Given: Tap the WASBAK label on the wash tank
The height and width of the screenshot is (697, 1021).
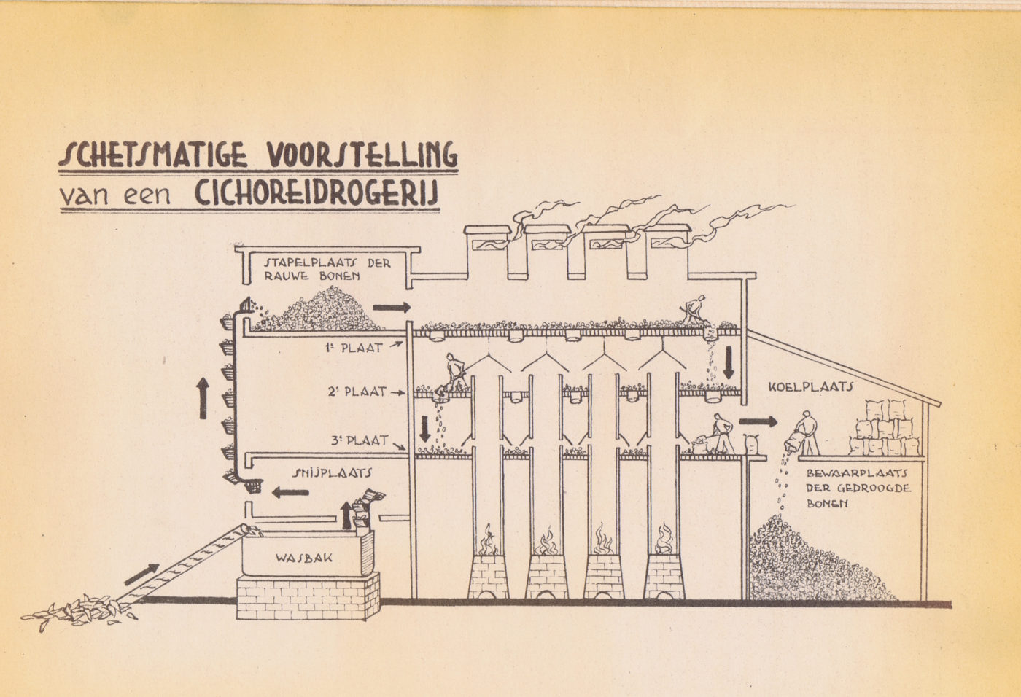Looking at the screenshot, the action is click(x=304, y=558).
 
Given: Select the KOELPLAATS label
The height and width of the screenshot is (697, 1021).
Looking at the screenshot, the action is click(x=810, y=386).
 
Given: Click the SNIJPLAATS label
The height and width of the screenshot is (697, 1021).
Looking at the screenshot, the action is click(x=332, y=473).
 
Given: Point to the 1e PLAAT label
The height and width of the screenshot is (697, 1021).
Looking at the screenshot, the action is click(x=354, y=348).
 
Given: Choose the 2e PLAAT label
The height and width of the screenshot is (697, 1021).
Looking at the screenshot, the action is click(x=357, y=392).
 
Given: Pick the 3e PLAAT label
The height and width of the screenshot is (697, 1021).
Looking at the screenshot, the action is click(x=360, y=440).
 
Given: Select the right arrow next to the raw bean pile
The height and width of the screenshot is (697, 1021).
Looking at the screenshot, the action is click(x=392, y=308).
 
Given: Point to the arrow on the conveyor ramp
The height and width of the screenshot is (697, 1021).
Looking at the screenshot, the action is click(x=141, y=574).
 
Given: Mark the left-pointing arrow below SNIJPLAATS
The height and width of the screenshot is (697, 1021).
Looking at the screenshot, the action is click(x=290, y=492).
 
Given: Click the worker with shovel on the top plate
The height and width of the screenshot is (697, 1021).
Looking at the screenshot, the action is click(x=693, y=310).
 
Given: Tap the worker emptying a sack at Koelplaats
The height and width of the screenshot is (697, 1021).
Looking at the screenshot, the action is click(x=801, y=433).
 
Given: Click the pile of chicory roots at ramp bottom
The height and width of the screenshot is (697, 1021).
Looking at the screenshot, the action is click(x=79, y=612).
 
